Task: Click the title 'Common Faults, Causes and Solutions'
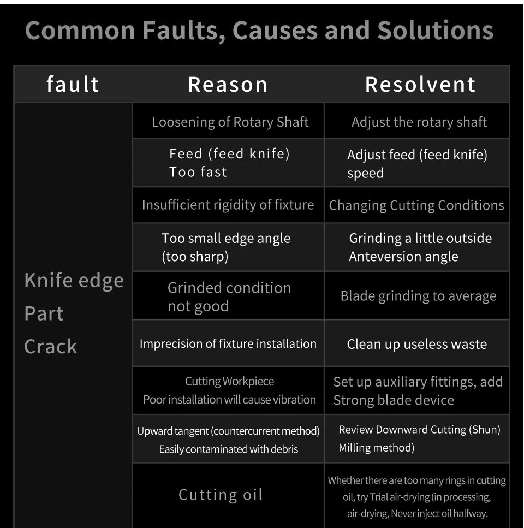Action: point(259,30)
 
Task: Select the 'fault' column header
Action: point(73,85)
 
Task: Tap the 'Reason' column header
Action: point(228,85)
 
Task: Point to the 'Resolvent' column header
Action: point(420,85)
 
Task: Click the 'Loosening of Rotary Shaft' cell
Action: point(230,122)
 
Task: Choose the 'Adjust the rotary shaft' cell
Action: point(419,122)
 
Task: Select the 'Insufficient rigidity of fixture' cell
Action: point(228,205)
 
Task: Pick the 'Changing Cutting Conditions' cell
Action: point(416,205)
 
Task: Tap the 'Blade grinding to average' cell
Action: point(418,296)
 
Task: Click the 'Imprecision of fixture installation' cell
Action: point(228,344)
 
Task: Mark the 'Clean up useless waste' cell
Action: point(416,344)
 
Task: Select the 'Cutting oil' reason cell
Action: point(221,495)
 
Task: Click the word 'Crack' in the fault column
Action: point(51,346)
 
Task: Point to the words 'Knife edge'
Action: point(74,281)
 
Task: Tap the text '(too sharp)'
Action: point(195,257)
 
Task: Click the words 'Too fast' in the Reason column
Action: point(198,172)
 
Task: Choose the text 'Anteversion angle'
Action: point(403,257)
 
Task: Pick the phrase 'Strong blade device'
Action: point(394,400)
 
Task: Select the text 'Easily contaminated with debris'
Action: point(228,449)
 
